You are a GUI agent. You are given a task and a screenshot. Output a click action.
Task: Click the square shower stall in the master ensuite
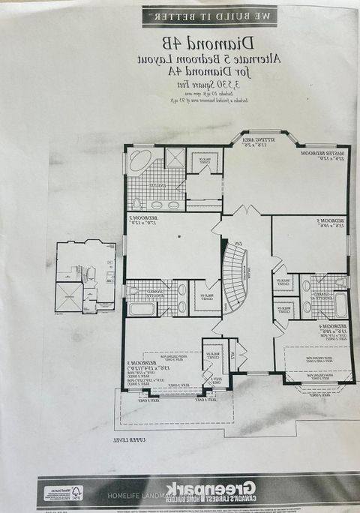(x=174, y=157)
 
